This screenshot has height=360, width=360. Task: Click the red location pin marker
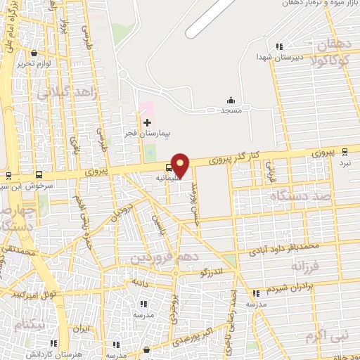coord(181,165)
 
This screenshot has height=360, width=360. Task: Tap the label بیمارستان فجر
coord(164,132)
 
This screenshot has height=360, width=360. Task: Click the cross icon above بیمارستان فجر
coord(147,122)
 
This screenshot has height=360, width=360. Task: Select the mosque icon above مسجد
coord(231,101)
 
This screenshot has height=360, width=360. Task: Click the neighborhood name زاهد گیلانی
coord(60,85)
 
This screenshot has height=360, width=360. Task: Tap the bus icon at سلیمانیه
coord(167,168)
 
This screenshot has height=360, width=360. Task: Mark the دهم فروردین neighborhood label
coord(162,258)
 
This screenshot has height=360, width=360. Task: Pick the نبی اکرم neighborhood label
coord(328,336)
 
